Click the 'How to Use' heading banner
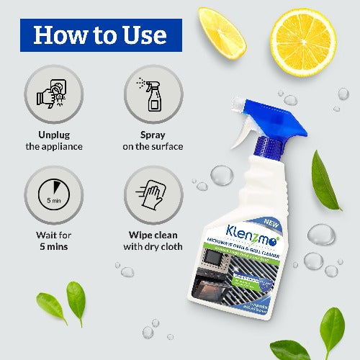point(101,35)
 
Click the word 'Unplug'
point(48,135)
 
